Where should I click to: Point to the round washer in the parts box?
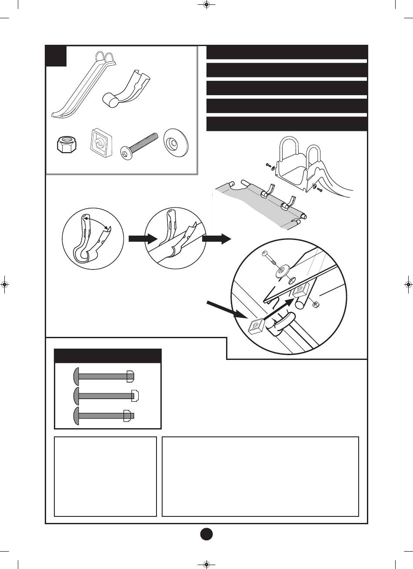[176, 142]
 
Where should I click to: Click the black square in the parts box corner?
[57, 56]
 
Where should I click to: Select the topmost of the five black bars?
[286, 52]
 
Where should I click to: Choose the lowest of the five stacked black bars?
[286, 124]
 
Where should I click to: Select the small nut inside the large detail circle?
[316, 302]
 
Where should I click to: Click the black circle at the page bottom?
[207, 534]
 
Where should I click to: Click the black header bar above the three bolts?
[107, 356]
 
